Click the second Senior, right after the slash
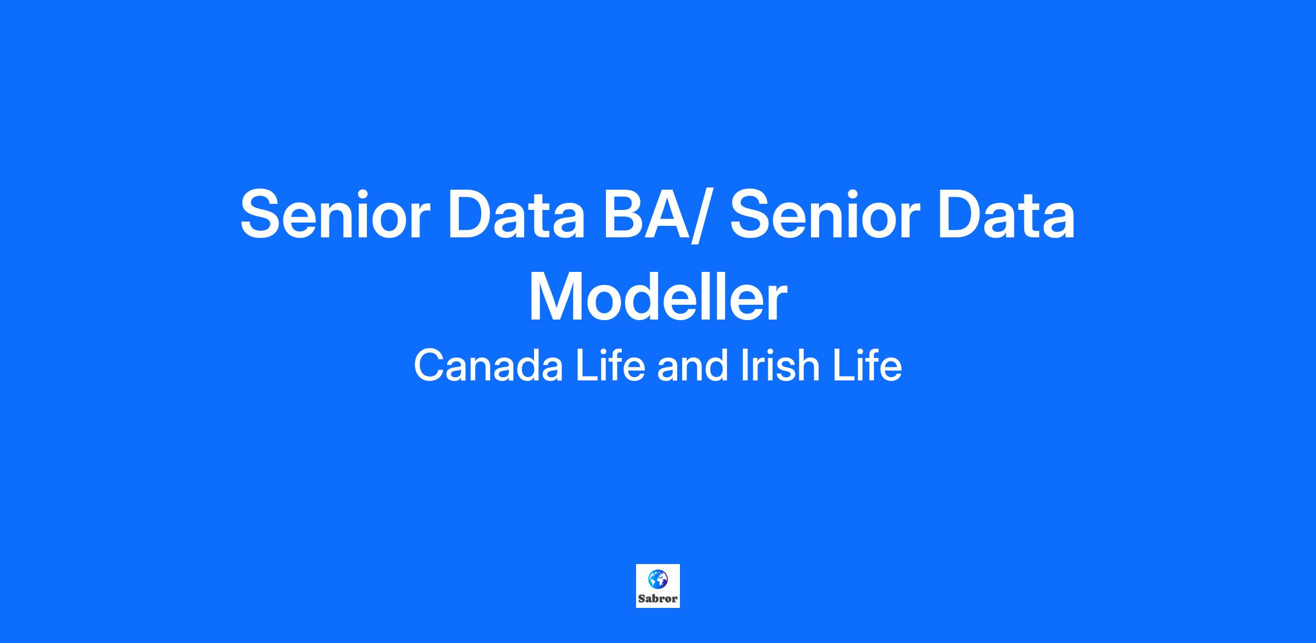coord(823,214)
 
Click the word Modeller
coord(658,298)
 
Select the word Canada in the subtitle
coord(489,366)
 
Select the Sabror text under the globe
coord(658,599)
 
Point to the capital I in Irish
coord(744,366)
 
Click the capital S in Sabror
coord(642,599)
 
